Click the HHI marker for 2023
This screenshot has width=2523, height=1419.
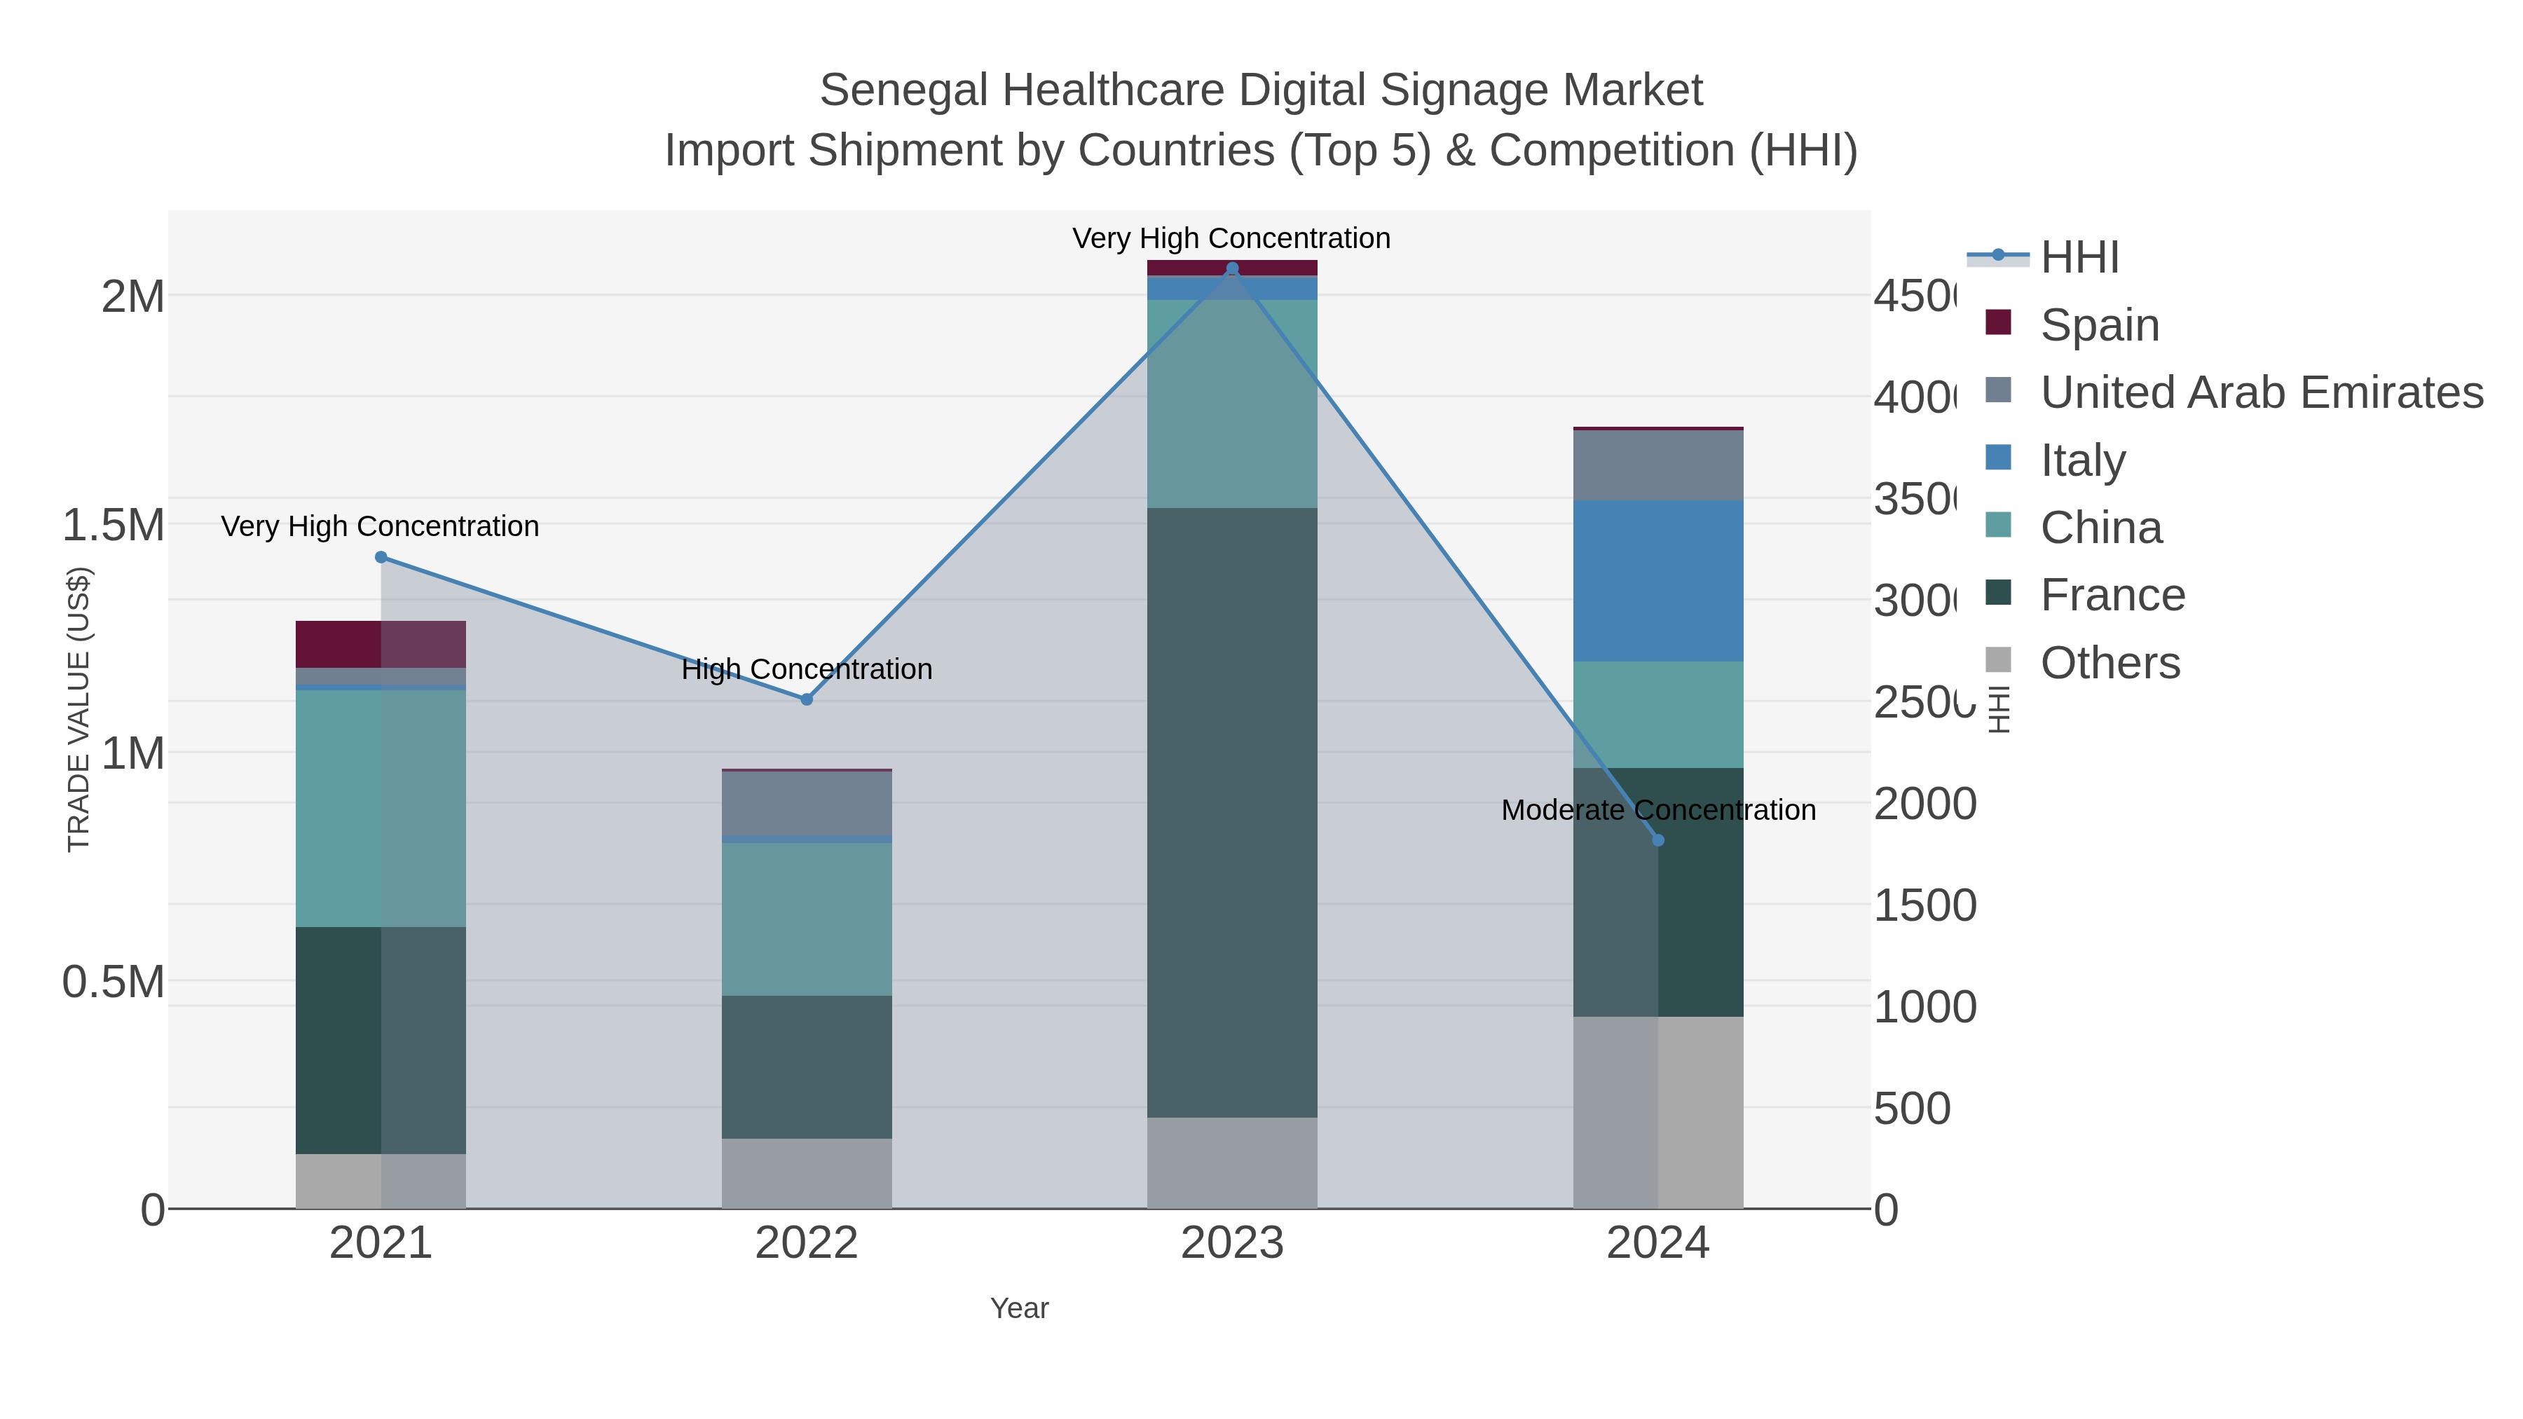click(1232, 268)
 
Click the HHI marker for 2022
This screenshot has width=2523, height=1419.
click(806, 699)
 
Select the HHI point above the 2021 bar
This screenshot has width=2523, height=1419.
click(381, 557)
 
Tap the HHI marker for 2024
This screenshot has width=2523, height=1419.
click(1657, 840)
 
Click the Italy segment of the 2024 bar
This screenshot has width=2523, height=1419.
click(1657, 581)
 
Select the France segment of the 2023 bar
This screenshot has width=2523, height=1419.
click(1232, 813)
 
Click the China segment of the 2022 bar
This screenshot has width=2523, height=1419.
click(806, 919)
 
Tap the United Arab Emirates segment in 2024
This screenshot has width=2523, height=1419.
click(1657, 465)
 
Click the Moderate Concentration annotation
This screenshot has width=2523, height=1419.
click(1657, 810)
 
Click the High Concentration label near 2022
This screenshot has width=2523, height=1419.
click(806, 669)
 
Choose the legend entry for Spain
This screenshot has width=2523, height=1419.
click(2099, 324)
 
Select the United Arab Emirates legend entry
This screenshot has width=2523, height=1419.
click(2260, 392)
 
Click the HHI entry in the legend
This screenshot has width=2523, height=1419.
click(2079, 258)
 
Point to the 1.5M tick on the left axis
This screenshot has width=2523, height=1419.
click(113, 525)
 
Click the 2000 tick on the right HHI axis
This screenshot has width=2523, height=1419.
click(1924, 804)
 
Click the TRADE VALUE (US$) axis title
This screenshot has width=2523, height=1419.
click(78, 709)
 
